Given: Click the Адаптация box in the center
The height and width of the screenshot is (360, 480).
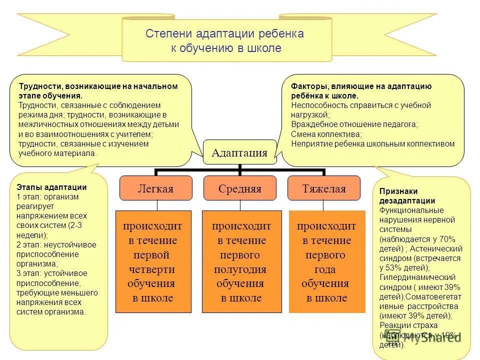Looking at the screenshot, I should tap(239, 152).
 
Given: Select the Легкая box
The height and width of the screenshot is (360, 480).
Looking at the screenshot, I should tap(155, 188).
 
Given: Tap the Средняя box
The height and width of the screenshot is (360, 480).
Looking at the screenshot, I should tap(239, 188).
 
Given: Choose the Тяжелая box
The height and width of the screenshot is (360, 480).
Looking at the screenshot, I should tap(323, 188).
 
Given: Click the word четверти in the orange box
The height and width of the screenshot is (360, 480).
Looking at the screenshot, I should tap(151, 269).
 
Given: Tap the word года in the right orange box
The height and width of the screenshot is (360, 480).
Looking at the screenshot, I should tap(325, 269).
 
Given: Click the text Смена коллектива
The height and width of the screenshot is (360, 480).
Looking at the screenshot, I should tap(326, 134).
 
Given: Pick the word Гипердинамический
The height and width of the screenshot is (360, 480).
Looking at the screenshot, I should tap(417, 277).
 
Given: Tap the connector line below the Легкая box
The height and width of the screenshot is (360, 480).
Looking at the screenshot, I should tap(157, 205).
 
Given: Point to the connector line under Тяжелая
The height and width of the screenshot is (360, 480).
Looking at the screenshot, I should tap(323, 205).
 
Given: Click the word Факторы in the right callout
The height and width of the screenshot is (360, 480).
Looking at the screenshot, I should tap(307, 86).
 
